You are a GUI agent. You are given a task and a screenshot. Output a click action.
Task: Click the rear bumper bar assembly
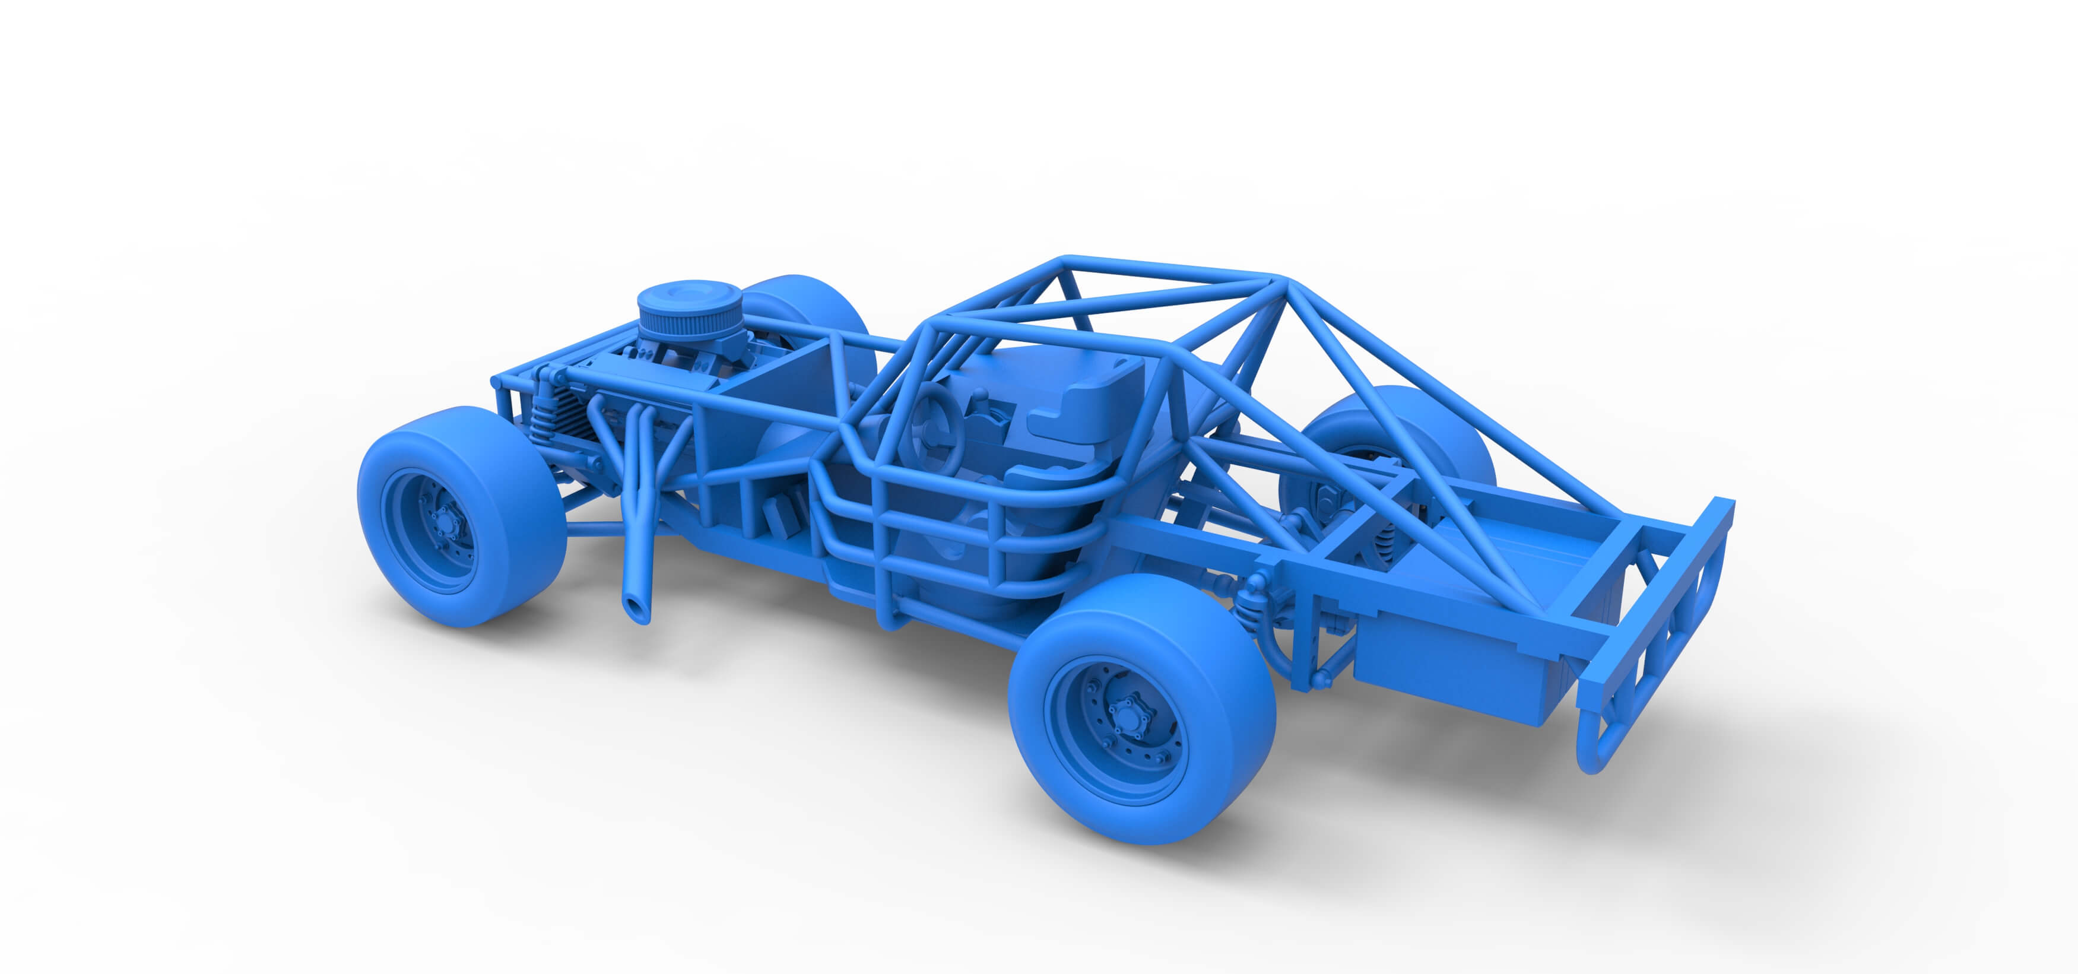coord(1654,637)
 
